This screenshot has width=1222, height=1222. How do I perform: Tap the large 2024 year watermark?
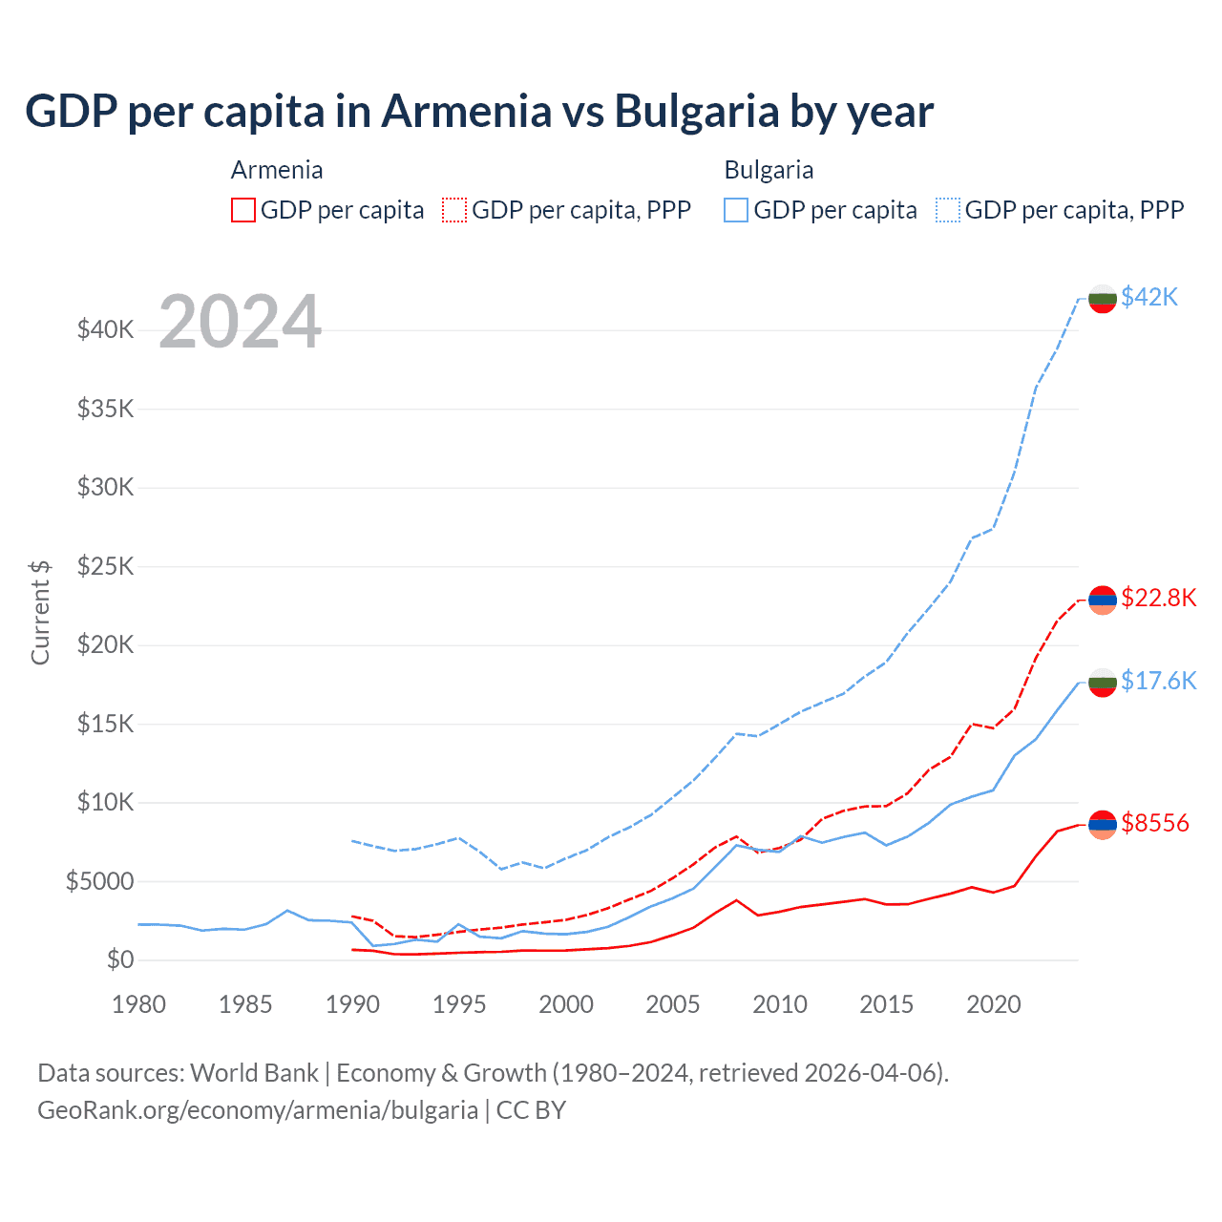click(x=241, y=322)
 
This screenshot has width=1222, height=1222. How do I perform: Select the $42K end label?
click(x=1149, y=297)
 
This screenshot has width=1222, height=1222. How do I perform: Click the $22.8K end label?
click(x=1158, y=598)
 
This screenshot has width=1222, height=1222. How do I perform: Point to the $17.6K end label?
click(x=1158, y=680)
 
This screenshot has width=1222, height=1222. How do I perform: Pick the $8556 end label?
click(x=1155, y=823)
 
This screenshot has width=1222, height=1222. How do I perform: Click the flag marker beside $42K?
click(x=1103, y=298)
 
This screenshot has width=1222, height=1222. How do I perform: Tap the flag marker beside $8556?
click(x=1103, y=824)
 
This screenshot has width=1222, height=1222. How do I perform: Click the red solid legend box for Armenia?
click(x=243, y=210)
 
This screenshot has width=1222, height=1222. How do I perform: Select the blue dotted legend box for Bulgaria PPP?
click(x=948, y=210)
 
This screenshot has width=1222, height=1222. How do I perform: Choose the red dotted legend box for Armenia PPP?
click(x=454, y=210)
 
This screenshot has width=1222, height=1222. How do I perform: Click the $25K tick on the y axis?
click(x=105, y=566)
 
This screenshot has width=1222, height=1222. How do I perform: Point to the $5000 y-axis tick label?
click(x=99, y=881)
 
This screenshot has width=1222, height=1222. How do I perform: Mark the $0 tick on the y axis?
click(x=119, y=959)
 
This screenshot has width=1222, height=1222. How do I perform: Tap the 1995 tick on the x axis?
click(x=459, y=1004)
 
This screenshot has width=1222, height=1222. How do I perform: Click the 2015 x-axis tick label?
click(x=886, y=1004)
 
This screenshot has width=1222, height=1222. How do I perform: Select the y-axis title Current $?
click(x=40, y=612)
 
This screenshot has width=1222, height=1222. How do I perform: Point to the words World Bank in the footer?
click(x=254, y=1073)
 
